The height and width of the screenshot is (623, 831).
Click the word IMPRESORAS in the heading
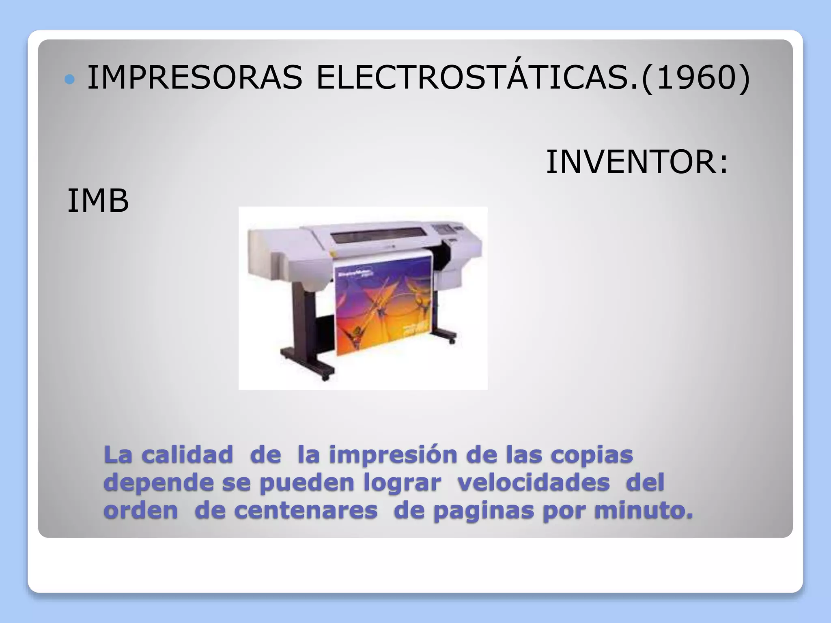tap(195, 77)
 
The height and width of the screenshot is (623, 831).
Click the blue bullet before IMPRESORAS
tap(70, 79)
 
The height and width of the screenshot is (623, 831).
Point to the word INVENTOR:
tap(637, 162)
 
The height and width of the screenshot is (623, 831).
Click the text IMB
tap(98, 201)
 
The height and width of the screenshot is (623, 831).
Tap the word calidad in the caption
tap(187, 455)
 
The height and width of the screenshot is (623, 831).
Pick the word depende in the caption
tap(159, 483)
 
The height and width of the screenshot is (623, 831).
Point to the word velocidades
tap(534, 483)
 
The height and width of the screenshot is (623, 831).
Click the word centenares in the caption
tap(306, 510)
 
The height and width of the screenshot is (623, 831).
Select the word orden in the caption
tap(141, 510)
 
